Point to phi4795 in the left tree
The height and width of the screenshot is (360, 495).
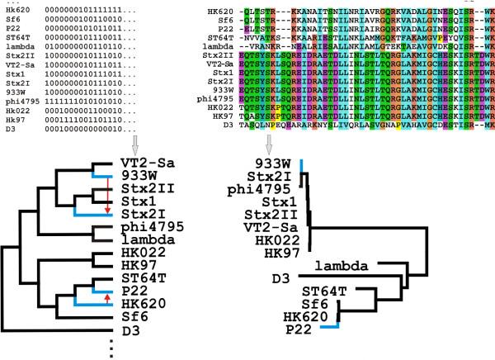[x=154, y=225]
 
